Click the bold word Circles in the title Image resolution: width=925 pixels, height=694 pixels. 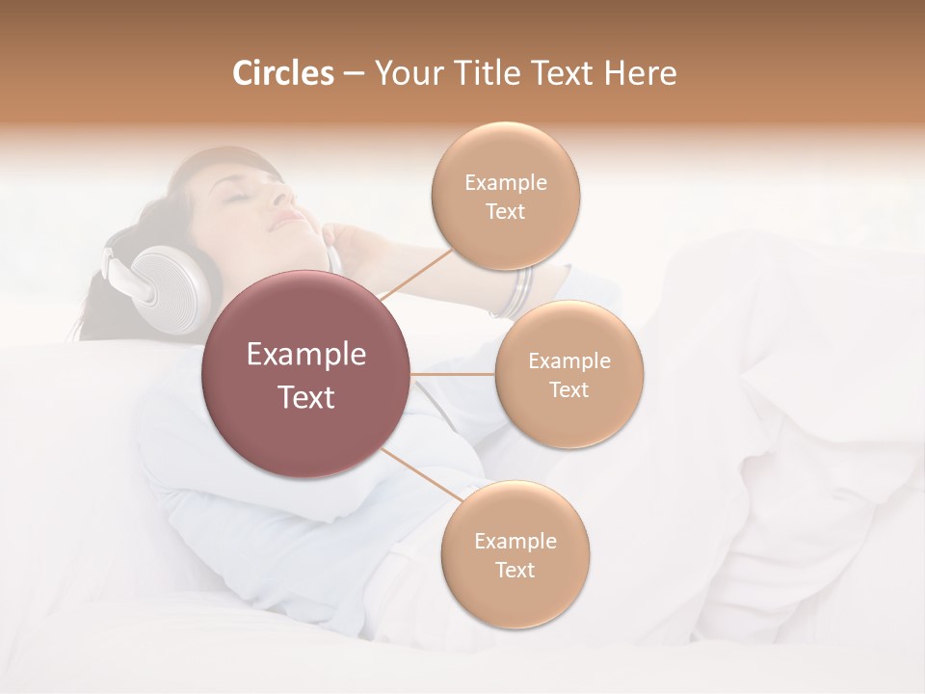point(282,73)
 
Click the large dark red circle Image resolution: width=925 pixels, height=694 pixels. point(306,374)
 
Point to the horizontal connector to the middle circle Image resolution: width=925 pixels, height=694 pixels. point(453,374)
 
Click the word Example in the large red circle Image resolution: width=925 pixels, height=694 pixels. point(306,355)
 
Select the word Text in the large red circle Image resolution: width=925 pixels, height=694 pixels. point(306,397)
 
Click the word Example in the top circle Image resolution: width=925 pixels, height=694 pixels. point(506,183)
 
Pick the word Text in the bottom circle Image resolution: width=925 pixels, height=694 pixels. point(515,570)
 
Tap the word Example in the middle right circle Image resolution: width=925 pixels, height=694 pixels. point(569,361)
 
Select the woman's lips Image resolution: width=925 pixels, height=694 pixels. point(287,221)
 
